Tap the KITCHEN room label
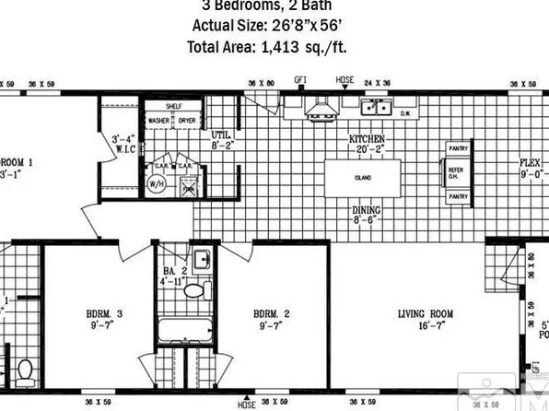367,139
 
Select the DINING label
366,209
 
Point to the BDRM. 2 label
273,314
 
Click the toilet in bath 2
193,290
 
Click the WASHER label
158,121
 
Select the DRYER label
187,121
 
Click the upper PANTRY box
458,148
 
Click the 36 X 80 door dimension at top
261,82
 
